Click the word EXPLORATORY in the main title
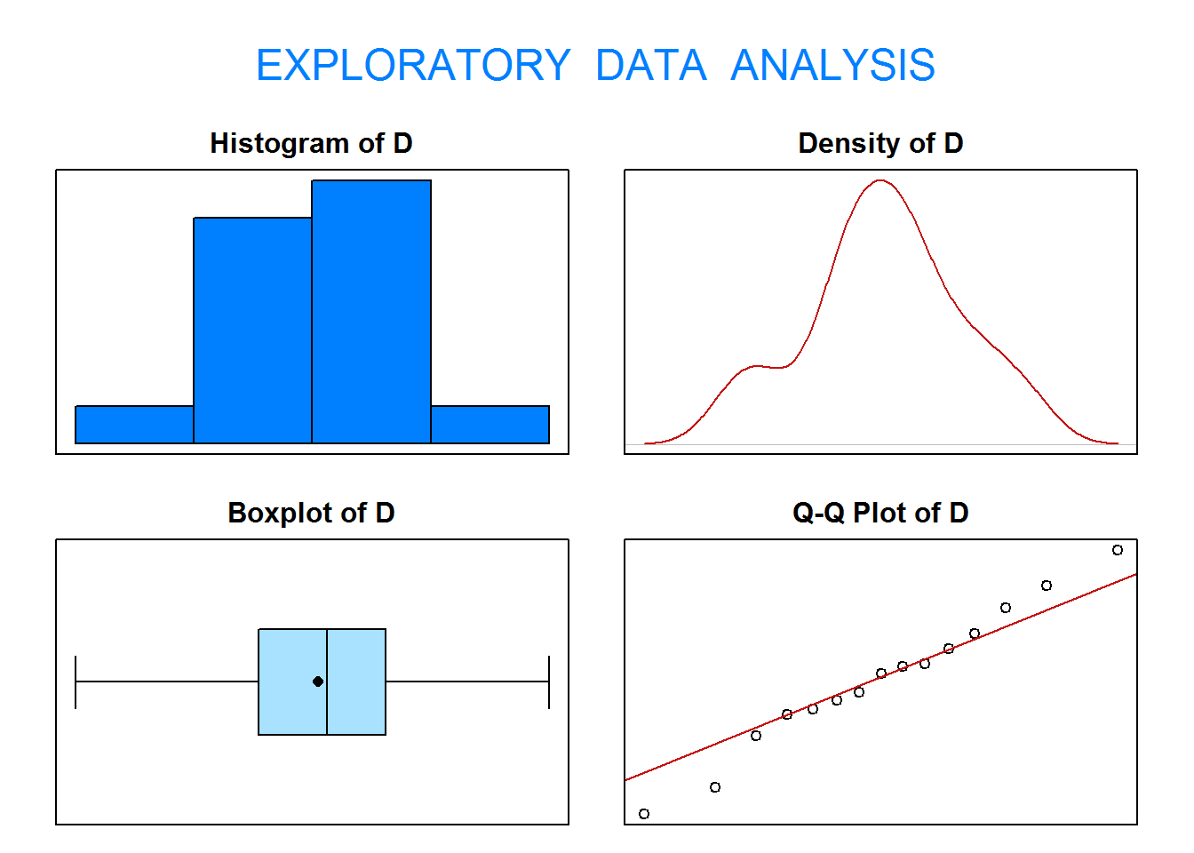[414, 65]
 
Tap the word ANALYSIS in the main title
[832, 65]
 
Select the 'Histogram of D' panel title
[311, 143]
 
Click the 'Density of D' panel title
[880, 143]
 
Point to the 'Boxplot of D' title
[311, 513]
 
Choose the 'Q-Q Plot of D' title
[880, 513]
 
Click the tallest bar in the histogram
[371, 312]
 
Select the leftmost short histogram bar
[134, 425]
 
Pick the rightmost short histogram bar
[490, 425]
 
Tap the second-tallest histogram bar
[252, 331]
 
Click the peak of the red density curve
[880, 180]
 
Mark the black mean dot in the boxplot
[318, 682]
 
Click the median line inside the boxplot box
[327, 682]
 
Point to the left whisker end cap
[76, 682]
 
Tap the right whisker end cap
[549, 682]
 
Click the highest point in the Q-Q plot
[1118, 550]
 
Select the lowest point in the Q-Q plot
[644, 814]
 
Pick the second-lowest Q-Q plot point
[715, 787]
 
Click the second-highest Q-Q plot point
[1047, 586]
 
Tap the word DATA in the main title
[651, 65]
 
